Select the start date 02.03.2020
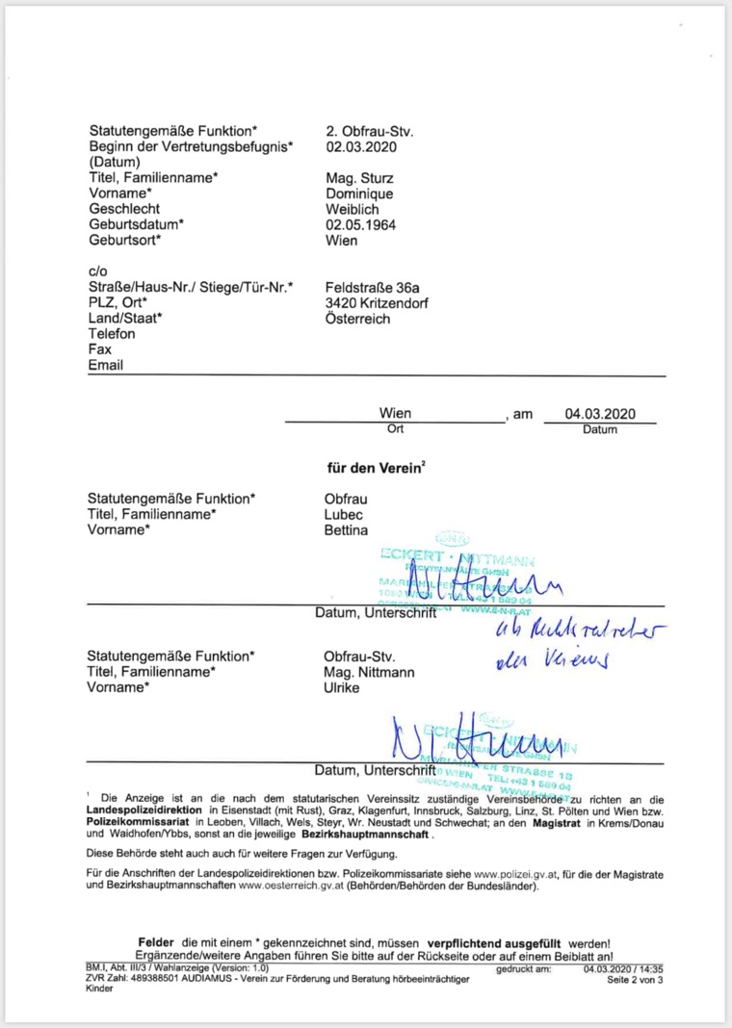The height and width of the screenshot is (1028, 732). pos(361,146)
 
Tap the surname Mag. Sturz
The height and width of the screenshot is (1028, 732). pos(360,178)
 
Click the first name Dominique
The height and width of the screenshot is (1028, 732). pos(360,193)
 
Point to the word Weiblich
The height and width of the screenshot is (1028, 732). pos(353,209)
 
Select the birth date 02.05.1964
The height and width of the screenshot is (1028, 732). pos(361,224)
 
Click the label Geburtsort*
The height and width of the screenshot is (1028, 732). pos(125,241)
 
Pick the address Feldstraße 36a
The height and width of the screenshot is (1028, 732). pos(373,287)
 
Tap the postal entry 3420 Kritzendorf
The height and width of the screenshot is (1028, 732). pos(378,302)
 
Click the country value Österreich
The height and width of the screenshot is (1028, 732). pos(361,319)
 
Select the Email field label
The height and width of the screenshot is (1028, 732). pos(106,366)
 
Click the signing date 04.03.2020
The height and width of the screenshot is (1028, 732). pos(600,414)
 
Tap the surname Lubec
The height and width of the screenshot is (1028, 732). pos(344,514)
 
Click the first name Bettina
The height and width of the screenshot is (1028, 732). pos(348,530)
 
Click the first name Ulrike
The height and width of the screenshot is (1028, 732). pos(343,688)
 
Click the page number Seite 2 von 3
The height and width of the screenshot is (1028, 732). pos(634,980)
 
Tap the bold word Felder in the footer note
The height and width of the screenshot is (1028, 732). pos(157,941)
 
